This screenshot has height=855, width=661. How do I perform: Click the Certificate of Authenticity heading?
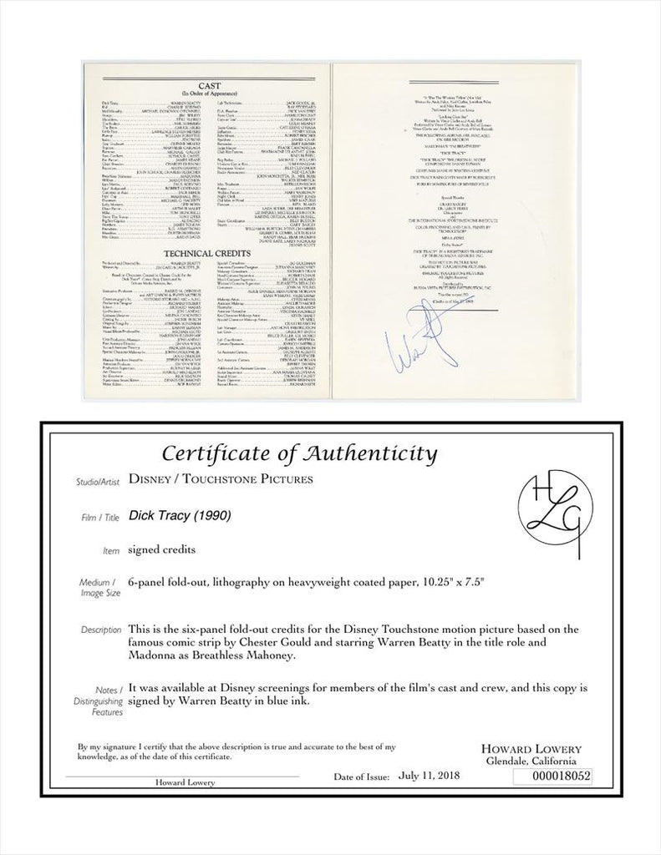299,453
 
